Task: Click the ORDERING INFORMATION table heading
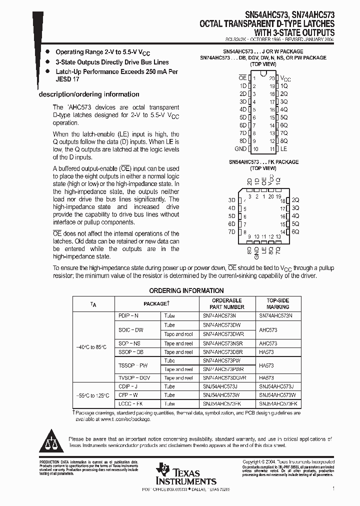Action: [186, 290]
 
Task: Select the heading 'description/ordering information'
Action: [89, 94]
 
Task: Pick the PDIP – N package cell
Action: [128, 316]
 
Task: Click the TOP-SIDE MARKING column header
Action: [277, 303]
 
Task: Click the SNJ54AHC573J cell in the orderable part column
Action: [220, 386]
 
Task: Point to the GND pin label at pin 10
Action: [240, 149]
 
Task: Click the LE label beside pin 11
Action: [283, 149]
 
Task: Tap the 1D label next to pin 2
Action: [243, 86]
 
